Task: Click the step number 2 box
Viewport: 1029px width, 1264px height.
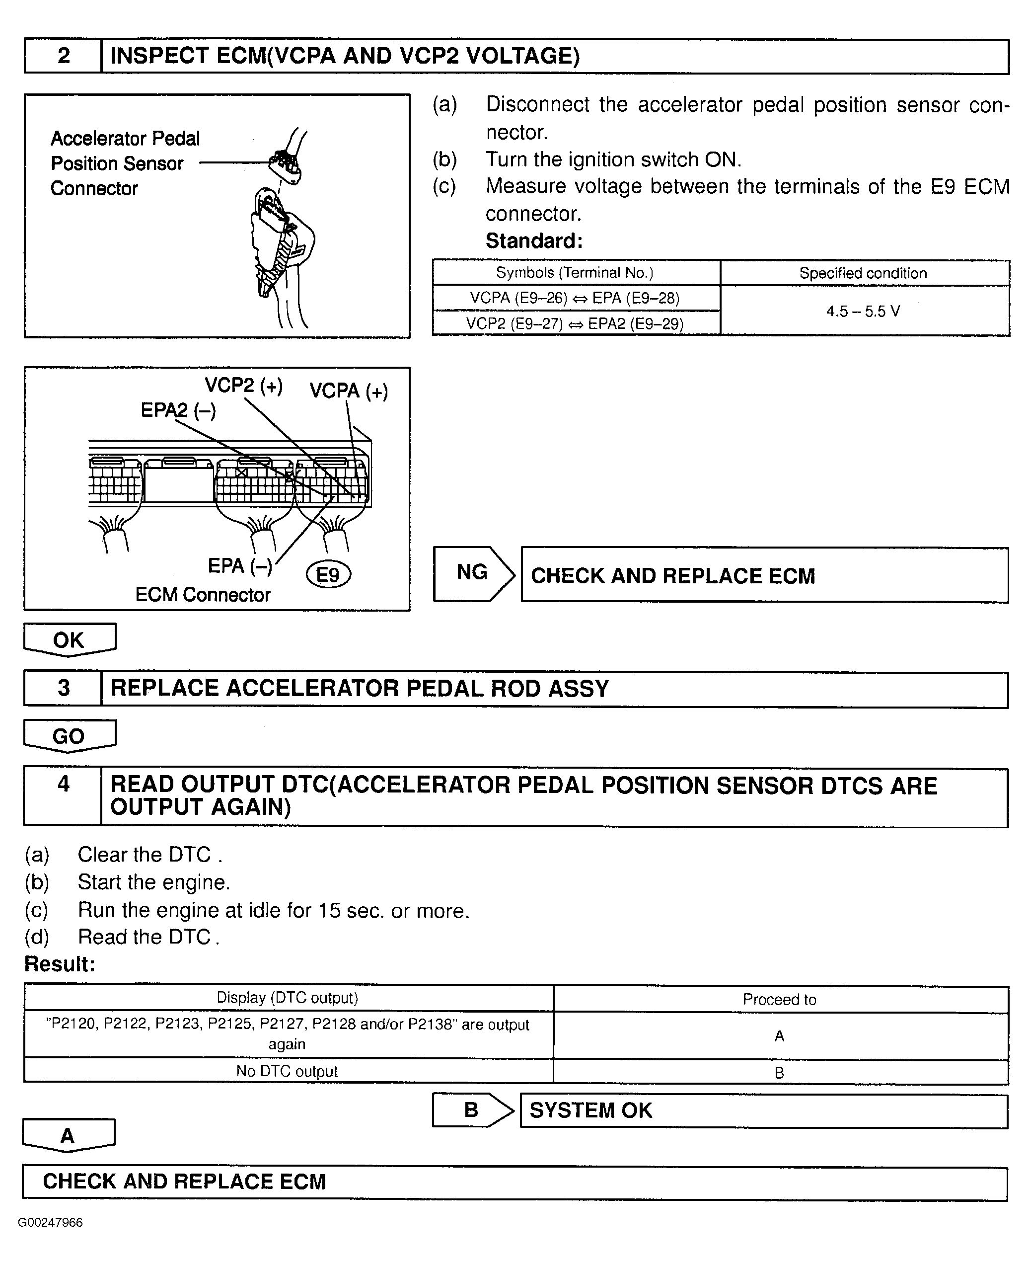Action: pyautogui.click(x=64, y=56)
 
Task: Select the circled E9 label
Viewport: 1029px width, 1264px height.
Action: pyautogui.click(x=328, y=574)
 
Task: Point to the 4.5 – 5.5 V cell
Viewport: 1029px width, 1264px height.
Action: pyautogui.click(x=863, y=311)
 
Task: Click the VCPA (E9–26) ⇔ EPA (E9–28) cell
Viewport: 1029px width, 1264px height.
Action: pyautogui.click(x=575, y=298)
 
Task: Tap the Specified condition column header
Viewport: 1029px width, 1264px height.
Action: pyautogui.click(x=863, y=273)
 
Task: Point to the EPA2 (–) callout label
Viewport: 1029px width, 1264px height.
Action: pyautogui.click(x=178, y=410)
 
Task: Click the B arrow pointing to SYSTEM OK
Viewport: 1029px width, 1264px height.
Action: pyautogui.click(x=472, y=1110)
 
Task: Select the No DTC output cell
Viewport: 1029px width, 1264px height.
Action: pyautogui.click(x=288, y=1071)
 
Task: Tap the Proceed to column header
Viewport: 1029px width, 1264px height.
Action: pyautogui.click(x=780, y=1000)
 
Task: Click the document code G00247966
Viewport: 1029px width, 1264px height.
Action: pyautogui.click(x=50, y=1222)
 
